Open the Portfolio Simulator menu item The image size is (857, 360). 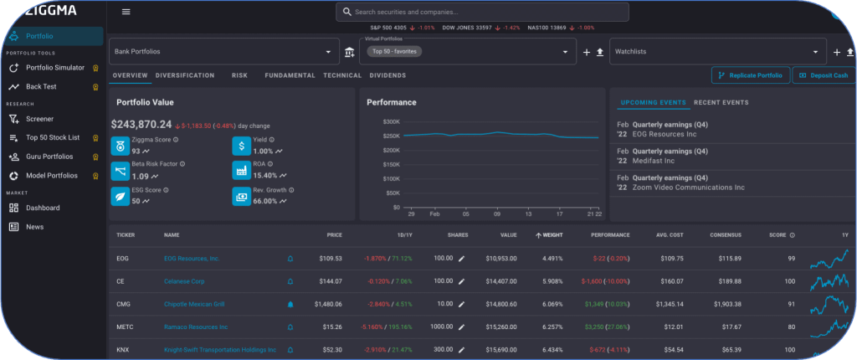54,67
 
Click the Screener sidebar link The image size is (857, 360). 39,119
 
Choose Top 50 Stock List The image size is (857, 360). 53,137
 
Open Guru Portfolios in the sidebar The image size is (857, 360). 49,157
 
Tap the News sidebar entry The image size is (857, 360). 34,227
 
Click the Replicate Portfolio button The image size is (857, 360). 749,75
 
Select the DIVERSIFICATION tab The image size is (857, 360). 185,75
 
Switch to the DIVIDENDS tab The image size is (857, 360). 388,75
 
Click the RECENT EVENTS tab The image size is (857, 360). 721,103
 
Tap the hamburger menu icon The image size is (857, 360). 126,12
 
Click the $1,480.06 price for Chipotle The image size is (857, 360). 325,305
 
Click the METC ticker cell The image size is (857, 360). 125,327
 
